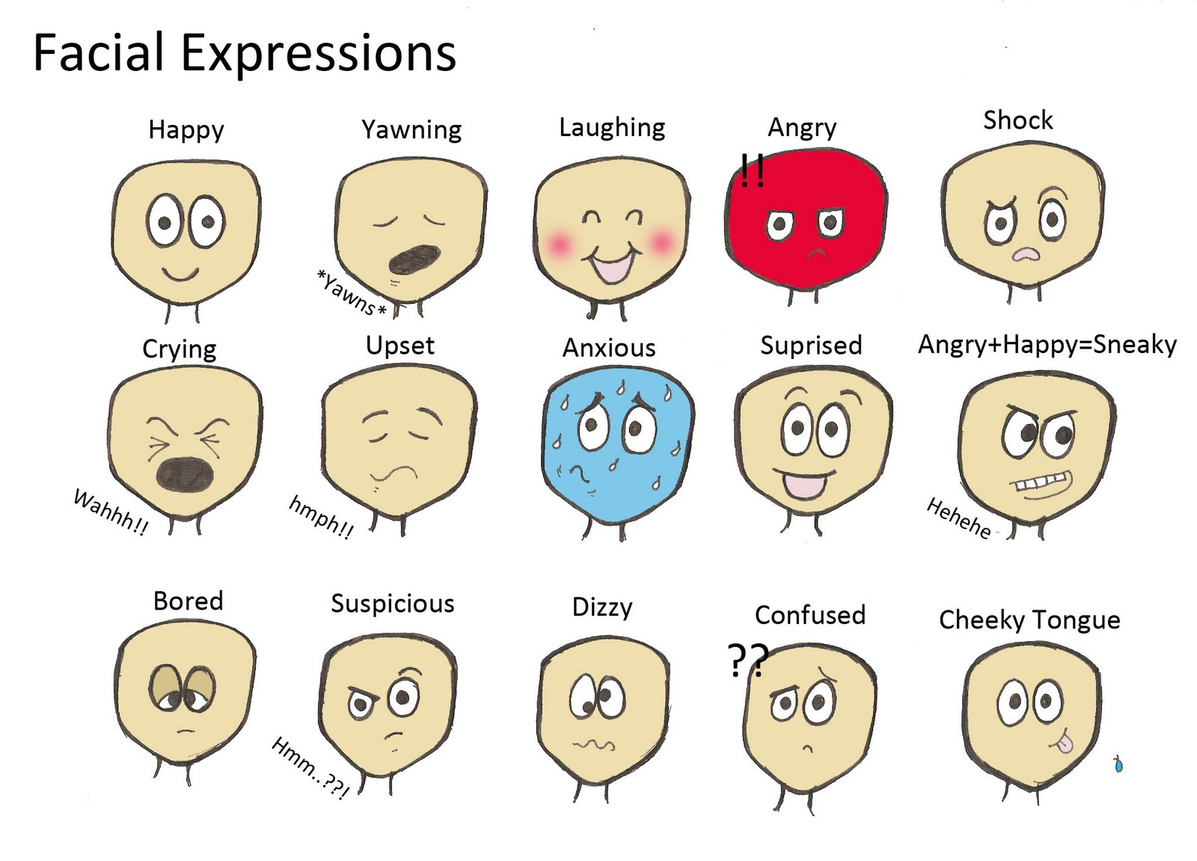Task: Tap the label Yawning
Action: [x=411, y=130]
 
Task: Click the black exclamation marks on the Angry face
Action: [x=753, y=171]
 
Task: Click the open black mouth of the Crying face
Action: [x=185, y=474]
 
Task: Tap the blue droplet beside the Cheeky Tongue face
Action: [x=1118, y=764]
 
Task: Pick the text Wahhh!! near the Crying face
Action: [x=111, y=512]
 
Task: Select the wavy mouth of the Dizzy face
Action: [x=594, y=745]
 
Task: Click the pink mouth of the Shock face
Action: [x=1026, y=255]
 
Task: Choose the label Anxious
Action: [x=609, y=349]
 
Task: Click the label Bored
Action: [x=188, y=601]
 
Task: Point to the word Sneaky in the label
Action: [x=1134, y=345]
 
